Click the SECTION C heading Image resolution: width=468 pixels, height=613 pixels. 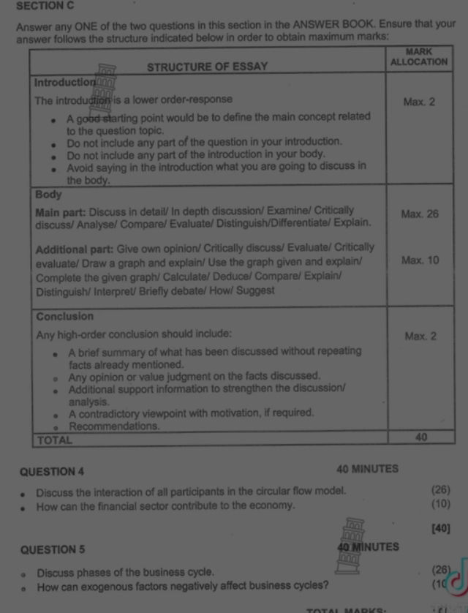[x=45, y=6]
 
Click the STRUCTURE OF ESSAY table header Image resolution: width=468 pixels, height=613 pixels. [x=208, y=67]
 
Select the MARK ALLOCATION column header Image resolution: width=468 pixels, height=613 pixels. [x=419, y=57]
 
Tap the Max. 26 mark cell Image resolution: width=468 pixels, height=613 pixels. [x=420, y=214]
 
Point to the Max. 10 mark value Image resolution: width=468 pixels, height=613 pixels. [x=420, y=260]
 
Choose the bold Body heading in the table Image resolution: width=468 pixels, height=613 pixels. [x=49, y=195]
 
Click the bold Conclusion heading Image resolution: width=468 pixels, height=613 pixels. [x=65, y=317]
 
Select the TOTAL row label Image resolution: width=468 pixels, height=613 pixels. [x=55, y=440]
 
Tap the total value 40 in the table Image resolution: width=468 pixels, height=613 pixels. [x=420, y=437]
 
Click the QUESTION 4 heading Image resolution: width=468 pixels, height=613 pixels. [x=53, y=472]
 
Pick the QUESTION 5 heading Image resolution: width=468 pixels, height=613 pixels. [x=53, y=549]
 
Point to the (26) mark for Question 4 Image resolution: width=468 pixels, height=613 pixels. [x=441, y=490]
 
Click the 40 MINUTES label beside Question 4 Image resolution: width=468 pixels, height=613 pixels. [x=367, y=469]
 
